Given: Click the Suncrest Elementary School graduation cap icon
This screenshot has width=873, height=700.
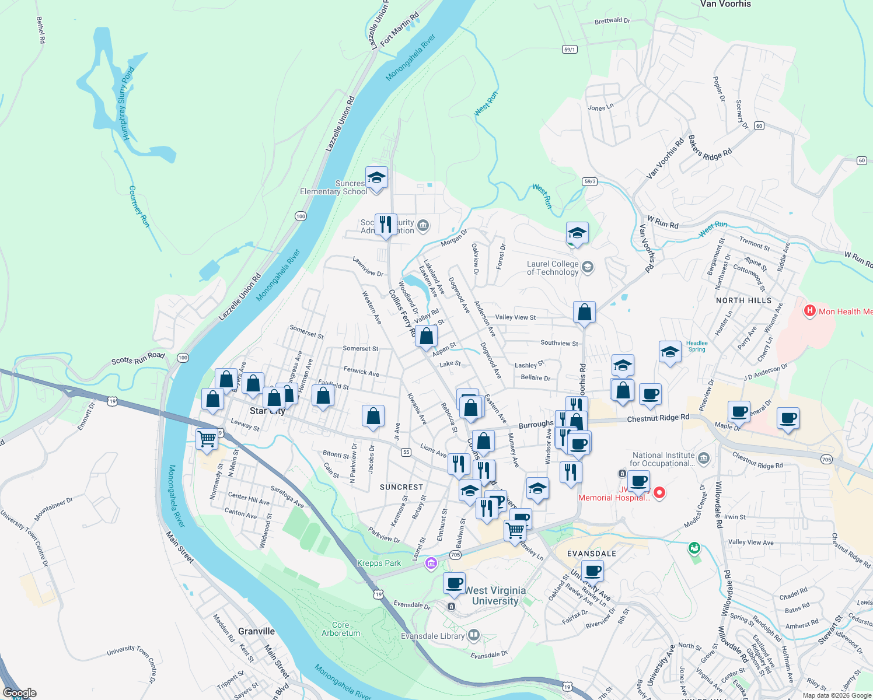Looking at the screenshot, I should click(x=376, y=177).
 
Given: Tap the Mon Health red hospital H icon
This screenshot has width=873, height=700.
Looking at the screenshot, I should click(x=809, y=311).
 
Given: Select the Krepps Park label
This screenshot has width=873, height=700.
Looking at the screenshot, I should click(x=379, y=563).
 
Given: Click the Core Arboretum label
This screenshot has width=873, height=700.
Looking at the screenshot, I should click(x=341, y=629).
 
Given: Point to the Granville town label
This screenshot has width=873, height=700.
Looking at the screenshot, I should click(x=256, y=631).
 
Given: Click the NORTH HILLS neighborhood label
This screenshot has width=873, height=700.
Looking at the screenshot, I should click(x=743, y=300).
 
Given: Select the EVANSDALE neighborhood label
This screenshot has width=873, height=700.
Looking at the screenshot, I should click(x=592, y=554).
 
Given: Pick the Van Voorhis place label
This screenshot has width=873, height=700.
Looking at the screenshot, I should click(x=725, y=4).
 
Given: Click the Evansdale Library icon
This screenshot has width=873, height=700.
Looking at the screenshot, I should click(x=474, y=634).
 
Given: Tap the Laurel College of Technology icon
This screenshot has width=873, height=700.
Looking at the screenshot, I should click(x=588, y=267).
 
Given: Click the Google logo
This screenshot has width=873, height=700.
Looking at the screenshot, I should click(x=19, y=693).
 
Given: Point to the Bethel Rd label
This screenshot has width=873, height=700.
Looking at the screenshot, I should click(x=40, y=30).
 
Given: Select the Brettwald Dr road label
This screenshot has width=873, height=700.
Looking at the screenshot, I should click(x=612, y=21).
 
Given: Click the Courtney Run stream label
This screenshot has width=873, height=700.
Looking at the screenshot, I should click(x=139, y=206).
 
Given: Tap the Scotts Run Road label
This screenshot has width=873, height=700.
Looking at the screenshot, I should click(x=138, y=358).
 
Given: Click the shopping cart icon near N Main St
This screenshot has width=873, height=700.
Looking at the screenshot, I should click(x=207, y=438).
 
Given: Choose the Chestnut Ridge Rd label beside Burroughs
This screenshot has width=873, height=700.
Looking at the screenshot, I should click(x=658, y=418).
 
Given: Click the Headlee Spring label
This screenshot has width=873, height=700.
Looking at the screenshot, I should click(x=697, y=346).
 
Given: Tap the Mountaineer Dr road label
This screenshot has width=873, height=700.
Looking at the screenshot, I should click(x=53, y=509).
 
